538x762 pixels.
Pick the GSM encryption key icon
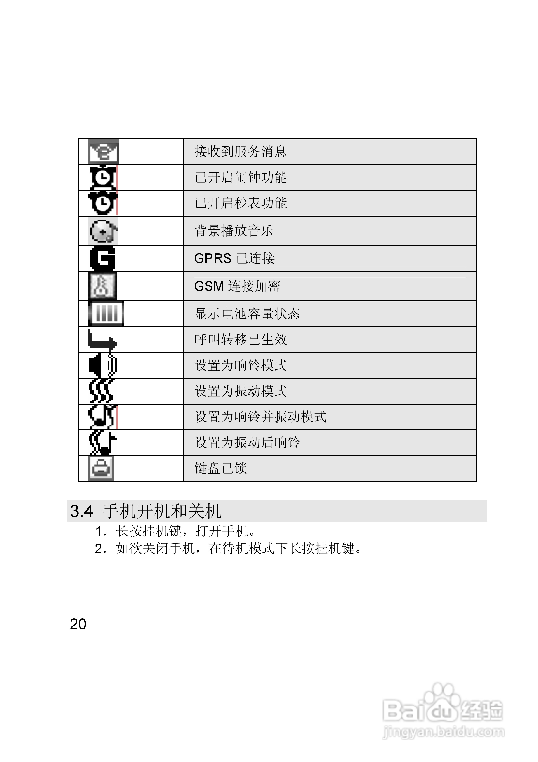102,286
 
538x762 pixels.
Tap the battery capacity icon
106,314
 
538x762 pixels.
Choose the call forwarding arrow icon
102,340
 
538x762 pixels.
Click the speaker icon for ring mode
102,365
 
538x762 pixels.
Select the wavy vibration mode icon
101,391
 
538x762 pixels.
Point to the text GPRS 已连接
234,258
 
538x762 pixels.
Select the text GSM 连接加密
237,286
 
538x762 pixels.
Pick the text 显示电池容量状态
247,314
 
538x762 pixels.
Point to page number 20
78,624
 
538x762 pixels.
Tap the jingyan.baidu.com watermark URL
444,732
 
